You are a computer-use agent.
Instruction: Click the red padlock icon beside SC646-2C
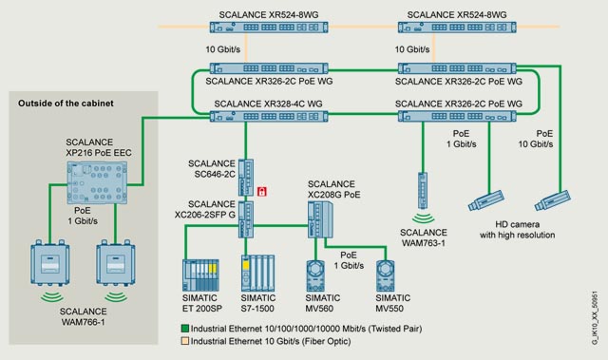262,191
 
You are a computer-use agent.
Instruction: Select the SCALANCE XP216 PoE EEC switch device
97,182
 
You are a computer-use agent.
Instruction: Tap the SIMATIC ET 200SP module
200,275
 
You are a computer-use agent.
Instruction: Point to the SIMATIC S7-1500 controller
257,274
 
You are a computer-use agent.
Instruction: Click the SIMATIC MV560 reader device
316,275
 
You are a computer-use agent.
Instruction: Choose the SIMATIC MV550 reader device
386,275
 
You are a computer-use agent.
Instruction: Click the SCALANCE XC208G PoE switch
320,219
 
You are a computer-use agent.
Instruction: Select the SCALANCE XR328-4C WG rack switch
269,116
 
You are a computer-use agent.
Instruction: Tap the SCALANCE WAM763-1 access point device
423,191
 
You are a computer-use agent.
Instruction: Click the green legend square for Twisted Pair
185,329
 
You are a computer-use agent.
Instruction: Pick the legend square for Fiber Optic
185,341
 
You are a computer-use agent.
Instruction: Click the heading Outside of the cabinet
66,104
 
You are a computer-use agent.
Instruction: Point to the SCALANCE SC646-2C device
246,178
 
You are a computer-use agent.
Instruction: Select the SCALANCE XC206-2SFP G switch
246,219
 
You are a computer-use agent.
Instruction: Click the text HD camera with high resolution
517,230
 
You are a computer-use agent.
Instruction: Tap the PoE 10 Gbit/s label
536,139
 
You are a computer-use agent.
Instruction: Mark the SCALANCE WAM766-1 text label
83,316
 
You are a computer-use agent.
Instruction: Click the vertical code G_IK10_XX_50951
595,318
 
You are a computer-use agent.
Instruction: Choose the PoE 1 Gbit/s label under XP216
83,216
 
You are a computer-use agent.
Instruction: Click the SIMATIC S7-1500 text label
257,303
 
